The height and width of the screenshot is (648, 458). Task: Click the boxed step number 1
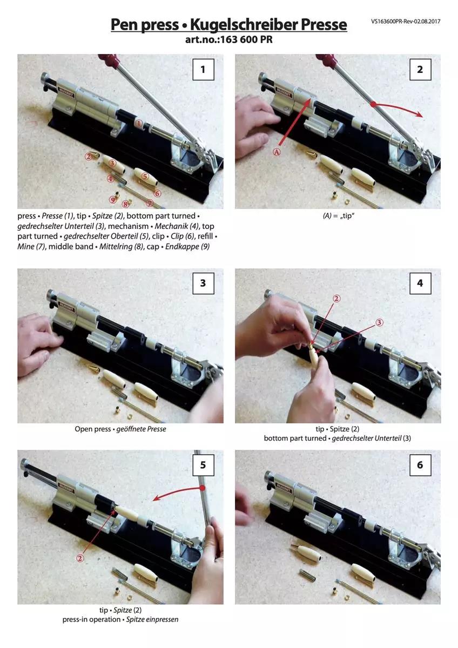click(203, 70)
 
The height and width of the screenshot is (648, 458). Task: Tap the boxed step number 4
click(420, 283)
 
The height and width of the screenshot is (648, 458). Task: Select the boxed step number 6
click(420, 465)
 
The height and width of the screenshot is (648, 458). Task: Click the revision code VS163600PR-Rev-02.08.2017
click(406, 22)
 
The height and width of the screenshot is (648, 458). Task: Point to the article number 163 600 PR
click(246, 39)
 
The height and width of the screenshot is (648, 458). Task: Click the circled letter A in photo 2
click(277, 152)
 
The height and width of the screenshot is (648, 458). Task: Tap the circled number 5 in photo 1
click(145, 176)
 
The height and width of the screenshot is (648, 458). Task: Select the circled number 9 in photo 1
click(112, 200)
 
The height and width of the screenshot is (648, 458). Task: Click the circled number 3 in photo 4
click(379, 322)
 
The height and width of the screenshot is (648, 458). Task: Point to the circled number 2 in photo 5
click(80, 558)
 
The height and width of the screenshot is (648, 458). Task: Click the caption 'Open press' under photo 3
click(92, 429)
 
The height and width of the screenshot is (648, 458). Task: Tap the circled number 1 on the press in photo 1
click(139, 124)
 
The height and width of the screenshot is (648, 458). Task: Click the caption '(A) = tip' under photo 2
click(339, 216)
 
